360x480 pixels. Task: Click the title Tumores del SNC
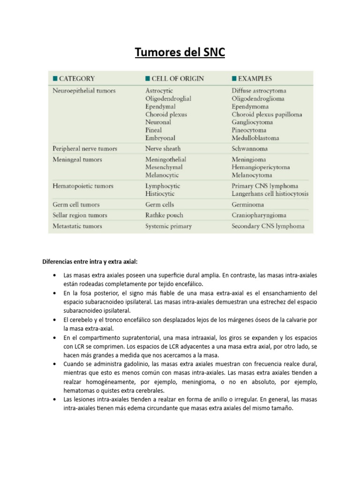pyautogui.click(x=180, y=53)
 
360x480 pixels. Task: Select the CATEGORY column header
pyautogui.click(x=76, y=79)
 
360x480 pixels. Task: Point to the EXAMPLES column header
pyautogui.click(x=255, y=79)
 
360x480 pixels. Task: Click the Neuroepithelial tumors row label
pyautogui.click(x=84, y=90)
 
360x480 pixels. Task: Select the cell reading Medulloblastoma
pyautogui.click(x=255, y=138)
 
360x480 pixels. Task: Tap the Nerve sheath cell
pyautogui.click(x=163, y=149)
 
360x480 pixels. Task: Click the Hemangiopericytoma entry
pyautogui.click(x=261, y=167)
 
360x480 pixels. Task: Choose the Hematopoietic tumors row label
pyautogui.click(x=82, y=186)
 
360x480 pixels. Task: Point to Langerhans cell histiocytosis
pyautogui.click(x=270, y=194)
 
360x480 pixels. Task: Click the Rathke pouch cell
pyautogui.click(x=164, y=215)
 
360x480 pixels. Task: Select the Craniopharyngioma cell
pyautogui.click(x=259, y=215)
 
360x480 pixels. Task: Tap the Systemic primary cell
pyautogui.click(x=168, y=226)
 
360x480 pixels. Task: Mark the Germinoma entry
pyautogui.click(x=247, y=204)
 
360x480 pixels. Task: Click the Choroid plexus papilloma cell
pyautogui.click(x=267, y=114)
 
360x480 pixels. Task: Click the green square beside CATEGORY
pyautogui.click(x=55, y=79)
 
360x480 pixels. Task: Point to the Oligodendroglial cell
pyautogui.click(x=168, y=98)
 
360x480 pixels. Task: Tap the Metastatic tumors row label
pyautogui.click(x=77, y=226)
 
